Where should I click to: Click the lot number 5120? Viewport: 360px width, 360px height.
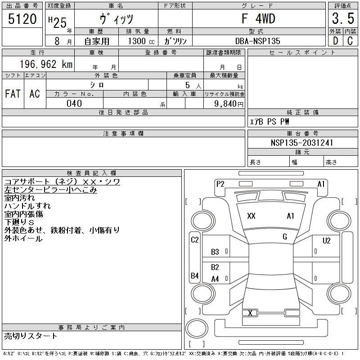click(22, 19)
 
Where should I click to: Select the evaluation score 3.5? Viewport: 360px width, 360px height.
click(343, 18)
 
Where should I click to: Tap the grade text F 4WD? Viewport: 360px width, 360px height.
click(258, 18)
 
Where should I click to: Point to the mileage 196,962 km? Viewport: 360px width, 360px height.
click(46, 64)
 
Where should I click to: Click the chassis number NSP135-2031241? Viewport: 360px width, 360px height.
click(302, 143)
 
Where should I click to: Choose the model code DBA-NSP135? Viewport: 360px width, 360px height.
click(257, 41)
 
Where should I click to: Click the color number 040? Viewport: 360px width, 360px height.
click(74, 103)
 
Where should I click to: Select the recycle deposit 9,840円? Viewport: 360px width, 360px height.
click(229, 104)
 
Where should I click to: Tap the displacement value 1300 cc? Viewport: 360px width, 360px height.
click(141, 41)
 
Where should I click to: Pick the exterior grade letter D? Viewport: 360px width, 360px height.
click(335, 41)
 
